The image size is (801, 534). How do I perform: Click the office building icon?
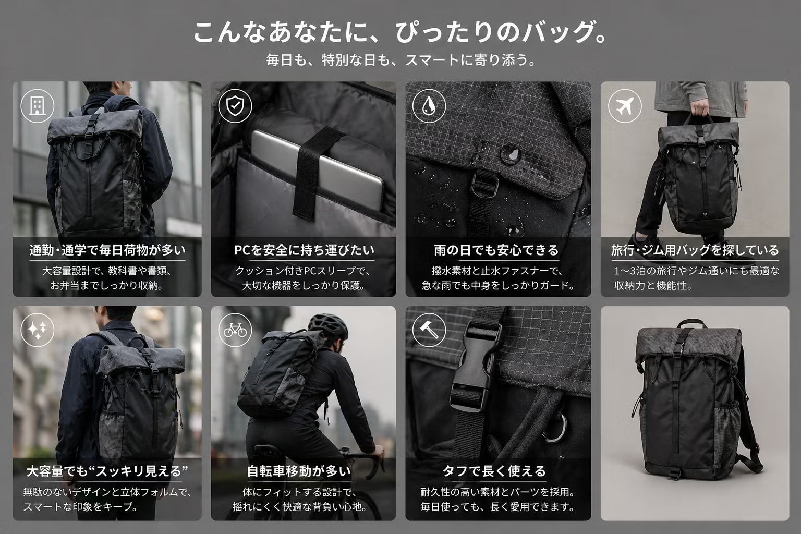click(37, 106)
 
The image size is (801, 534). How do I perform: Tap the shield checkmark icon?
click(235, 106)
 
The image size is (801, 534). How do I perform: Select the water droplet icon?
click(429, 106)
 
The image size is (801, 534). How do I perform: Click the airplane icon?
click(625, 106)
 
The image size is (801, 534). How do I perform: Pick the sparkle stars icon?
click(37, 330)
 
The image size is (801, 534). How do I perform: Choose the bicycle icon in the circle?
click(235, 330)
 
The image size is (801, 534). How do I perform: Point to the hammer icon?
click(429, 330)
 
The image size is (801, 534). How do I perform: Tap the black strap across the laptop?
click(314, 172)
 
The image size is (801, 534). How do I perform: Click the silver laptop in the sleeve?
click(318, 168)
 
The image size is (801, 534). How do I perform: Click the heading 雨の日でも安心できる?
click(496, 250)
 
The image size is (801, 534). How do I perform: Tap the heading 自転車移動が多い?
click(299, 471)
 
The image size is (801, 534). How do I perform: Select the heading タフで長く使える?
click(494, 471)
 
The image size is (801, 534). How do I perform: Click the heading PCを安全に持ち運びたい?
click(304, 250)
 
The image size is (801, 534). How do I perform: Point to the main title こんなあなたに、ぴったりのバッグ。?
click(400, 32)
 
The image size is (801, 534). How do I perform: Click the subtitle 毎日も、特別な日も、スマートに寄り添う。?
click(400, 60)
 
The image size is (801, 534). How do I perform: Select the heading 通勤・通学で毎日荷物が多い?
click(107, 250)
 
